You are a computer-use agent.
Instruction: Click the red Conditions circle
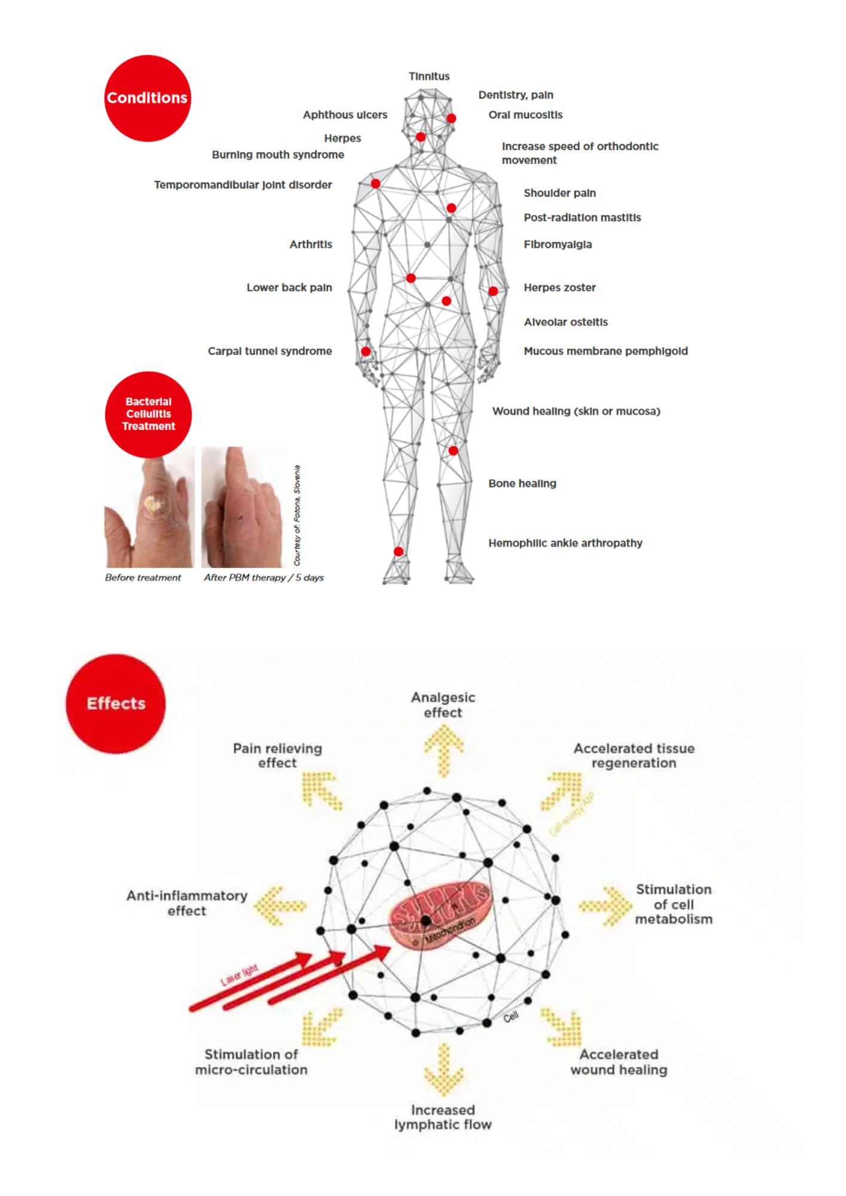[x=147, y=98]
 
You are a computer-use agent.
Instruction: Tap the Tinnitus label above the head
[x=429, y=77]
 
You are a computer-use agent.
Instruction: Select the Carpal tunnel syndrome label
[x=270, y=351]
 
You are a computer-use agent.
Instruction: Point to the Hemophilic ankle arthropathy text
[x=565, y=543]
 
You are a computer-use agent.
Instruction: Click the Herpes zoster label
[x=559, y=288]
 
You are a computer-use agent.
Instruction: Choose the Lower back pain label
[x=289, y=288]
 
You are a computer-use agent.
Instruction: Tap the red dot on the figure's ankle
[x=398, y=551]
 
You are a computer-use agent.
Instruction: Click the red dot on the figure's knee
[x=453, y=450]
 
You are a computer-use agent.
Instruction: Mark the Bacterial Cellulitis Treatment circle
[x=148, y=414]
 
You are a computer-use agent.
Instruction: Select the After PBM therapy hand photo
[x=242, y=508]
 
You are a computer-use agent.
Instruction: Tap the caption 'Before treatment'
[x=142, y=578]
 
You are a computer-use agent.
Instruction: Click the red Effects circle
[x=115, y=703]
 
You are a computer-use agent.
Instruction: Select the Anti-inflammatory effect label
[x=187, y=903]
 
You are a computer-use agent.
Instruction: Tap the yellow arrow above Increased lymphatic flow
[x=443, y=1070]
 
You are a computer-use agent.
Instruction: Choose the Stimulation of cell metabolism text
[x=673, y=904]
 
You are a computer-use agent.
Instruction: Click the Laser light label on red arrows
[x=239, y=975]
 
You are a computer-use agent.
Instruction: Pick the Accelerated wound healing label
[x=619, y=1062]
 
